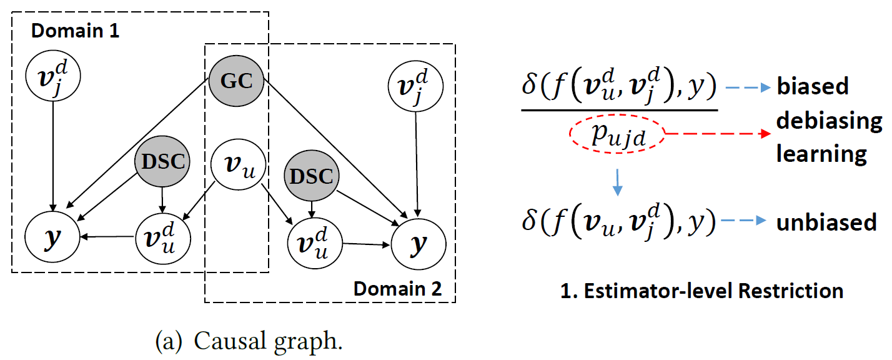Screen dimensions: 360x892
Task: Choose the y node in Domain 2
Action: [417, 244]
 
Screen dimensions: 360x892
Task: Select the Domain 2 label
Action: [398, 289]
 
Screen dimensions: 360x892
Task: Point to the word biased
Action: [813, 86]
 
